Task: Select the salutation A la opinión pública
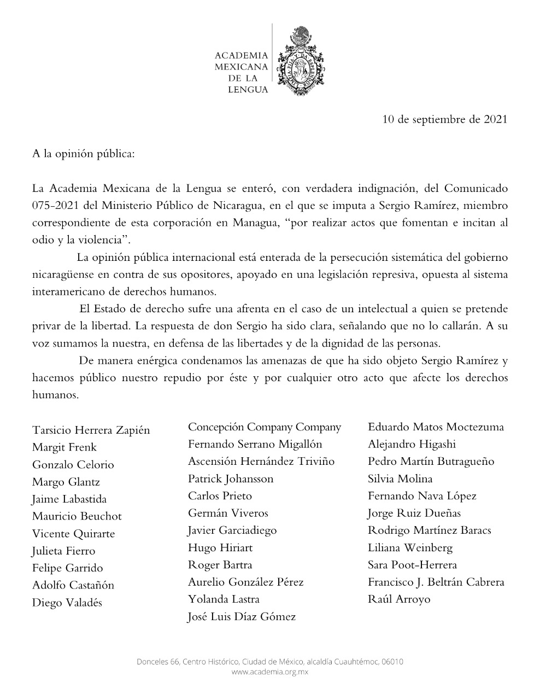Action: pyautogui.click(x=83, y=154)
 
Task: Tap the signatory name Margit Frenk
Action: pyautogui.click(x=64, y=447)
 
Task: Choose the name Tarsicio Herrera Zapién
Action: pyautogui.click(x=91, y=430)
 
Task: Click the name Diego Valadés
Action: pyautogui.click(x=67, y=603)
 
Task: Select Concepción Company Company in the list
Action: pyautogui.click(x=265, y=427)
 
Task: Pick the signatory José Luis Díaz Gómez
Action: pyautogui.click(x=242, y=617)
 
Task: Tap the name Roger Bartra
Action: pyautogui.click(x=220, y=565)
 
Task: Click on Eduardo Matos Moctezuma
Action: pyautogui.click(x=436, y=427)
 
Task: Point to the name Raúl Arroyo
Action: pyautogui.click(x=399, y=599)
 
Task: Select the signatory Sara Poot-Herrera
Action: pyautogui.click(x=412, y=565)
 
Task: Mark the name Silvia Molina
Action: pyautogui.click(x=400, y=479)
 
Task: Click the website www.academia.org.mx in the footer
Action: pyautogui.click(x=270, y=672)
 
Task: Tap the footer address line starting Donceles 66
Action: pyautogui.click(x=270, y=662)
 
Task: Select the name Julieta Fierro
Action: pyautogui.click(x=63, y=551)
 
